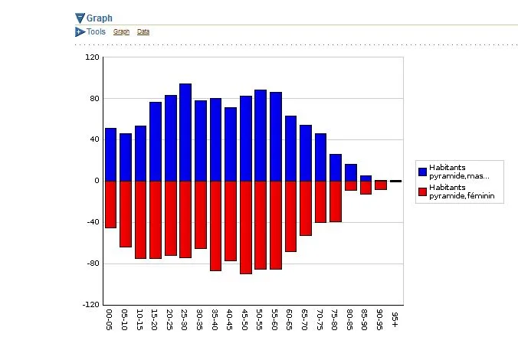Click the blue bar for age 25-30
[x=185, y=132]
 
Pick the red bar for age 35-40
[x=215, y=225]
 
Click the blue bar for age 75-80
[x=335, y=167]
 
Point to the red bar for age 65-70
[x=305, y=208]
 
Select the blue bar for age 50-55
[x=261, y=135]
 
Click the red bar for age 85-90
[x=366, y=187]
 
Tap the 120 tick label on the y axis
[x=92, y=57]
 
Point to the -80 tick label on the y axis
[x=92, y=263]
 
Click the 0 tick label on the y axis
[x=97, y=181]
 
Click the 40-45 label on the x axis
[x=231, y=321]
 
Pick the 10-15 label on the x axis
[x=141, y=321]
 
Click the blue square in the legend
[x=422, y=171]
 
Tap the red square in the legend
[x=422, y=191]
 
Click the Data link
[x=143, y=32]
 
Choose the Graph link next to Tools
[x=121, y=32]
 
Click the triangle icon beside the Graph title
[x=80, y=18]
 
